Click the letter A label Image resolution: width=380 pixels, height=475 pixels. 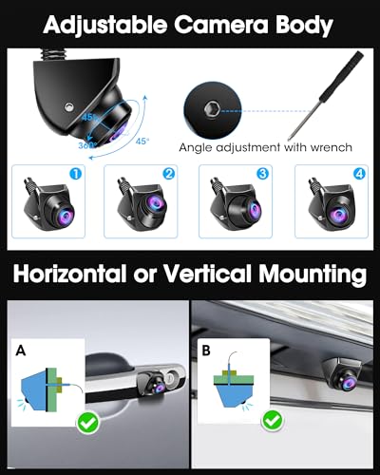[x=21, y=351]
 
